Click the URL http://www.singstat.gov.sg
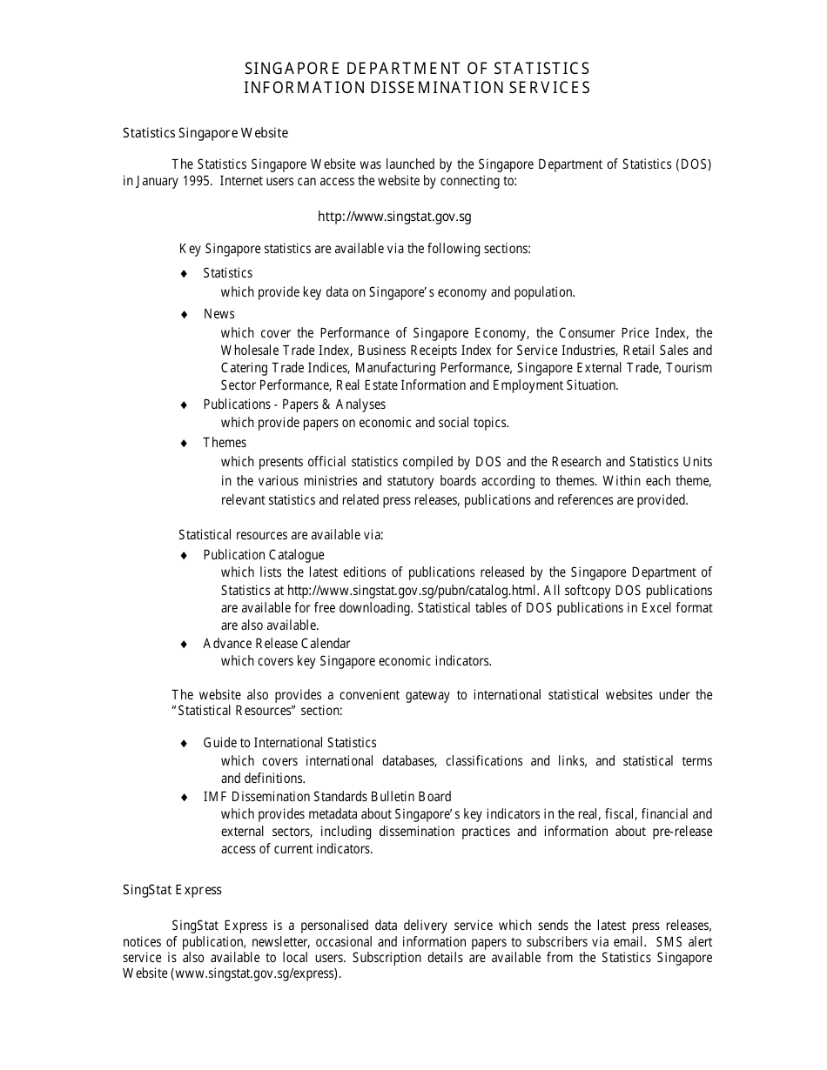coord(394,217)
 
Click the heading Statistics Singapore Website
coord(205,133)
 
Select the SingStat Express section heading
coord(171,889)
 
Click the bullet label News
coord(219,314)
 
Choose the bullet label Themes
coord(225,443)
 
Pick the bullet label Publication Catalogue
coord(263,555)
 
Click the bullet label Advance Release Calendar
coord(276,644)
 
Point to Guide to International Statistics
coord(289,743)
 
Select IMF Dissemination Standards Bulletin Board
coord(326,797)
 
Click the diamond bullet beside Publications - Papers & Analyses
coord(184,405)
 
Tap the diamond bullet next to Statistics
coord(184,274)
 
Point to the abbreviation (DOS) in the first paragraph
coord(693,164)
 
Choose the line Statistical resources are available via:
coord(280,534)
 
